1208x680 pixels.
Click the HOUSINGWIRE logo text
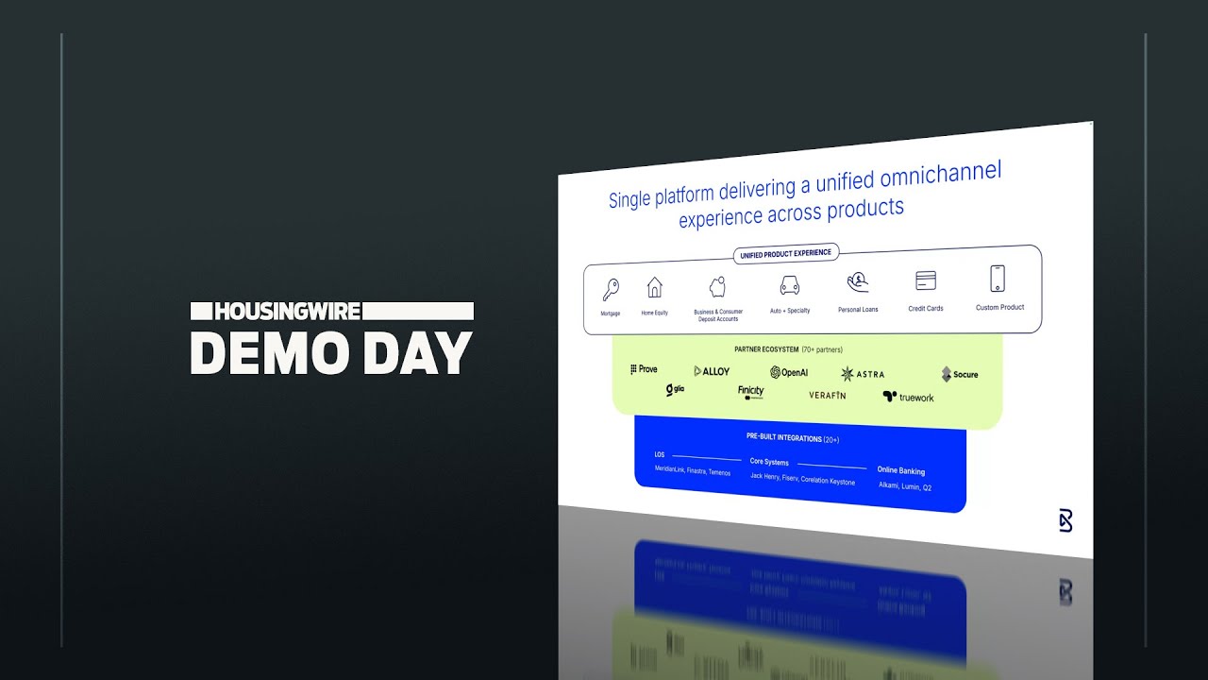click(x=288, y=311)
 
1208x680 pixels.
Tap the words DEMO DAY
click(x=330, y=353)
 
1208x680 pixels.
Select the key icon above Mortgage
click(x=611, y=289)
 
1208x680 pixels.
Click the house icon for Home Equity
click(x=654, y=287)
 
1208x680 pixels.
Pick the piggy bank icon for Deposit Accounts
click(x=718, y=286)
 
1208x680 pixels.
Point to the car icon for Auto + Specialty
click(x=790, y=285)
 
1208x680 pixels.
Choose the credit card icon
click(x=926, y=280)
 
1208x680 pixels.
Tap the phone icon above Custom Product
click(x=998, y=279)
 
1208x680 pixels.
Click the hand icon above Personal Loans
click(x=858, y=281)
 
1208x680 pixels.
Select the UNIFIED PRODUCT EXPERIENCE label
click(x=785, y=253)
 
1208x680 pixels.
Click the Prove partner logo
click(x=644, y=369)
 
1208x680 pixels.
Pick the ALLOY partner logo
click(x=712, y=371)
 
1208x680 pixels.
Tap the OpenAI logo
click(x=789, y=372)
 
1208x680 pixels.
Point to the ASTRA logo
click(x=863, y=374)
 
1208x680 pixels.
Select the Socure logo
click(x=960, y=374)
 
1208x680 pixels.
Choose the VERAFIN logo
click(x=828, y=396)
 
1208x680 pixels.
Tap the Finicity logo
click(x=751, y=392)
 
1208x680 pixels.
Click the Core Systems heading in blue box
click(x=769, y=462)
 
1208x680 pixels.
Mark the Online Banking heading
click(x=901, y=470)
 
